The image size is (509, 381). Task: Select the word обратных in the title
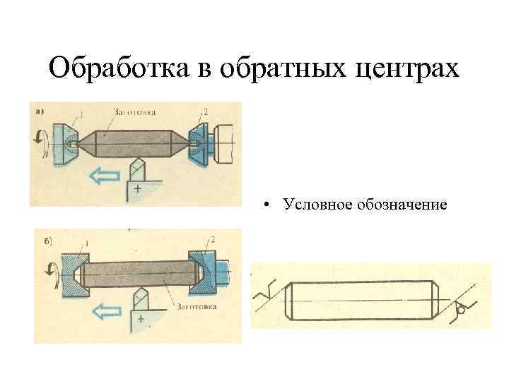coord(282,68)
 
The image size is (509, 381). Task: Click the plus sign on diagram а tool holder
coord(136,189)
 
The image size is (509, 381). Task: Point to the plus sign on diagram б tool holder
coord(141,321)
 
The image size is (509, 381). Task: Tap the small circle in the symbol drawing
coord(461,308)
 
